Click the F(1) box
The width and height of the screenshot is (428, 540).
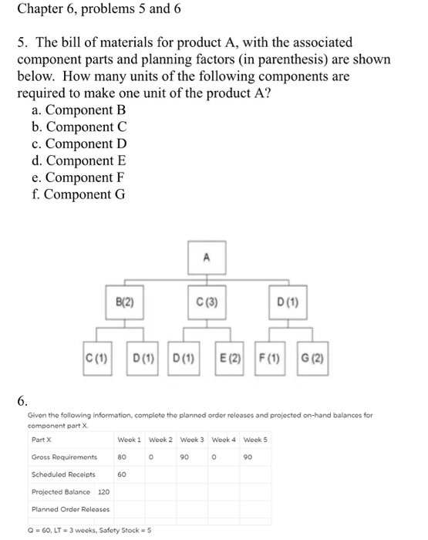[272, 357]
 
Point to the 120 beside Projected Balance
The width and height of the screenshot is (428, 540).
[103, 491]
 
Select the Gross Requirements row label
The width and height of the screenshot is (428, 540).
[63, 457]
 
